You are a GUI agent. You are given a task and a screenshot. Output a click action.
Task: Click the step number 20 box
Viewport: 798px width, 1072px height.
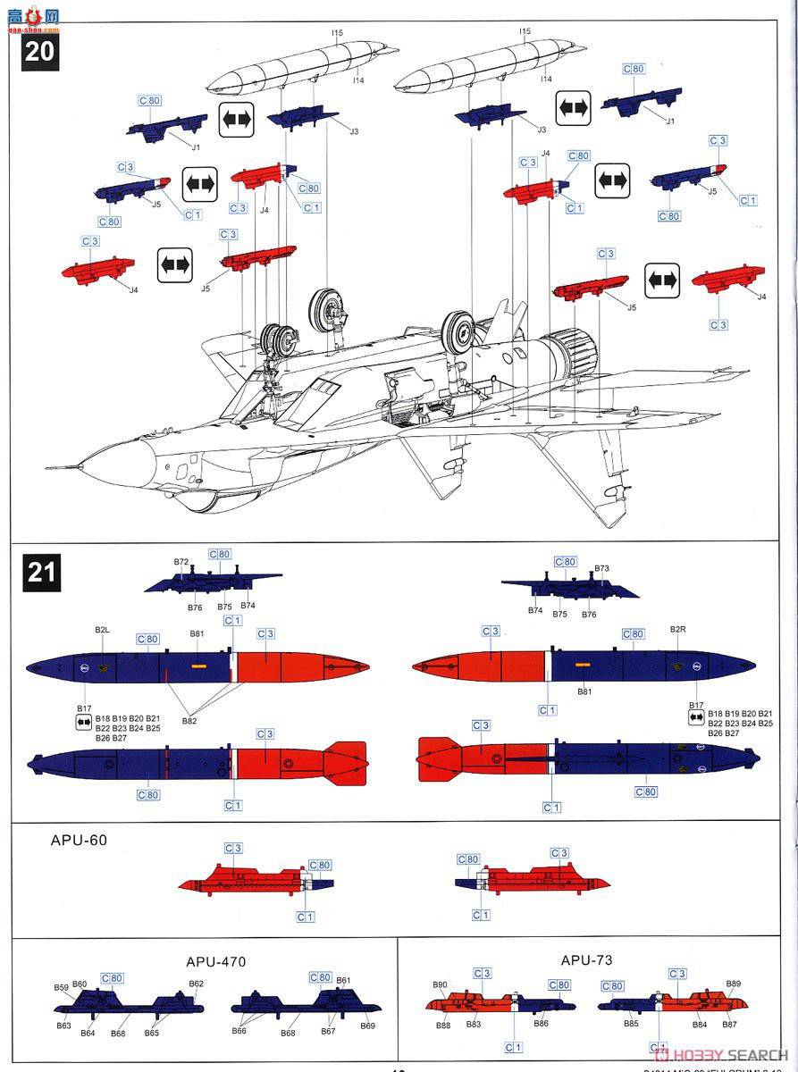point(40,50)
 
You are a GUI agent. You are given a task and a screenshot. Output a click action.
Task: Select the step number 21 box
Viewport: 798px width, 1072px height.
point(40,571)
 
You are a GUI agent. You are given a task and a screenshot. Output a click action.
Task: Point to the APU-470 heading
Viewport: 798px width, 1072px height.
point(215,962)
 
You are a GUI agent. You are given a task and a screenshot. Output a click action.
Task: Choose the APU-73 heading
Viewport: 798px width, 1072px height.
point(586,960)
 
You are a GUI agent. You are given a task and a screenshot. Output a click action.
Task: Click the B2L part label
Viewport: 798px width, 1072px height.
point(102,630)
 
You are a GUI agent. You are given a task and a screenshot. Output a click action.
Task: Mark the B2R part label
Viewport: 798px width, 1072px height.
point(677,630)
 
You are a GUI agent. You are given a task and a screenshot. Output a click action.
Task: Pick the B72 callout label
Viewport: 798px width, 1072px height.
point(181,563)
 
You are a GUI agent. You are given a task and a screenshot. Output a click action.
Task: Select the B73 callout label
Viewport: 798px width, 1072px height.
point(601,568)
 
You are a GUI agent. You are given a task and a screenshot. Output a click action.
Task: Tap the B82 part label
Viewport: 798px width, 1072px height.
point(189,720)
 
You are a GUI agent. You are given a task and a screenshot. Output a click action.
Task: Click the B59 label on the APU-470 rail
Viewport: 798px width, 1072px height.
point(61,987)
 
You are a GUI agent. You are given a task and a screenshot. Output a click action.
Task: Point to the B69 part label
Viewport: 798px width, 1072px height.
point(368,1026)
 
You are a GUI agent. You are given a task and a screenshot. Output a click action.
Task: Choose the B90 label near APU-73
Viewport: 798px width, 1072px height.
point(440,985)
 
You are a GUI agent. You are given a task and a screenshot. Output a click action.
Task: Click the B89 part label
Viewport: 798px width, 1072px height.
point(733,984)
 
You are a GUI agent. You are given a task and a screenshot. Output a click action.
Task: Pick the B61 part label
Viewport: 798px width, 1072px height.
point(342,981)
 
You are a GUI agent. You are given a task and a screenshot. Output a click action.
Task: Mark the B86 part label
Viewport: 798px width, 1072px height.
point(541,1024)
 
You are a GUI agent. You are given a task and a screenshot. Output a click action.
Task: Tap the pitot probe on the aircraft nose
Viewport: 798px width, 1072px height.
point(61,467)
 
